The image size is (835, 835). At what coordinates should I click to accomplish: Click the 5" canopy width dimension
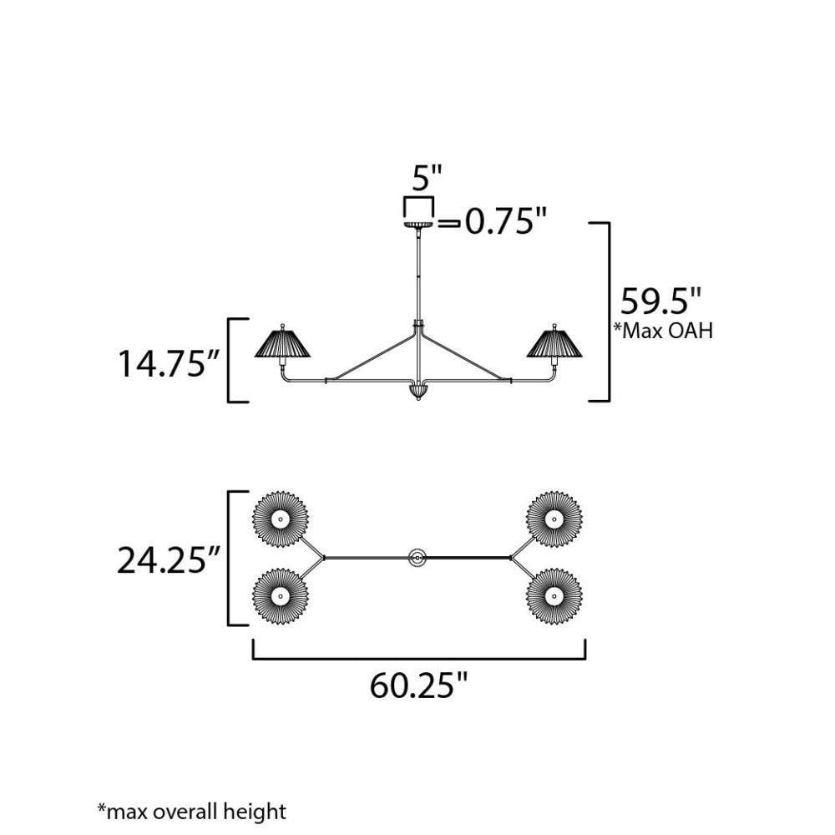tap(427, 178)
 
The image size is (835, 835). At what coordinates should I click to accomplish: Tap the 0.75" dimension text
tap(506, 220)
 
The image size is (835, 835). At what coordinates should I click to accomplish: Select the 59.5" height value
tap(660, 301)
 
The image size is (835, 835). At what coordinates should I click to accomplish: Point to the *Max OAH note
tap(664, 331)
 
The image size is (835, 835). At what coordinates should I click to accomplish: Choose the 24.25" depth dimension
tap(169, 560)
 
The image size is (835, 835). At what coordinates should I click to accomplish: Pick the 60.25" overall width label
tap(418, 686)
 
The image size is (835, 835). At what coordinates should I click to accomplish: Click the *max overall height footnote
tap(192, 812)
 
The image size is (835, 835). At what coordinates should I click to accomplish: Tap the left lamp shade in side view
tap(282, 343)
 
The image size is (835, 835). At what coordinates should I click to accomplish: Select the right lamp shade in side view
tap(554, 343)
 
